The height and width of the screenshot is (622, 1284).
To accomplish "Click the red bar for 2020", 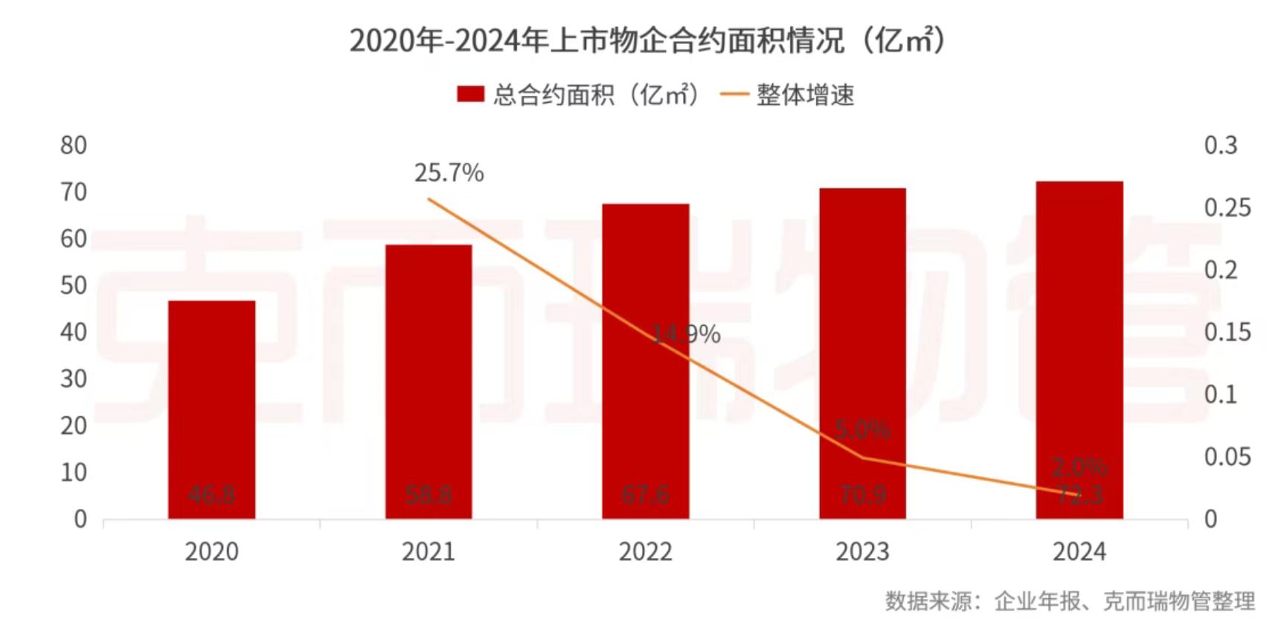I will pos(212,409).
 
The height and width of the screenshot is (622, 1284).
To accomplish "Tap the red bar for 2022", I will pos(646,361).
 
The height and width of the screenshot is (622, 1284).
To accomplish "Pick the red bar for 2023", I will pos(863,353).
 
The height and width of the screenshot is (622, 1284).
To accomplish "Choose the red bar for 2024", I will pos(1079,350).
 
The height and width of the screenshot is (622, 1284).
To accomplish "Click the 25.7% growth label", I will pos(449,173).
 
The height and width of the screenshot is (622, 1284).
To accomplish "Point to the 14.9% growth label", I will pos(686,335).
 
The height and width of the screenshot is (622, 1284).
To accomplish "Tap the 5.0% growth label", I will pos(862,429).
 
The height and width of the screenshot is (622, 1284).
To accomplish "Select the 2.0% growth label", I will pos(1079,467).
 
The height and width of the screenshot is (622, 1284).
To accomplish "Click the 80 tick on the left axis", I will pos(74,146).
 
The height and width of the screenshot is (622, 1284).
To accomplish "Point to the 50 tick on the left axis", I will pos(74,286).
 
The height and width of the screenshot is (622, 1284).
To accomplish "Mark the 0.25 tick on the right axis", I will pos(1227,208).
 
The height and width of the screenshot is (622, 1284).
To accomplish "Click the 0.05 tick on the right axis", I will pos(1227,457).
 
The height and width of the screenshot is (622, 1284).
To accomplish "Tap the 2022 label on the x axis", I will pos(646,552).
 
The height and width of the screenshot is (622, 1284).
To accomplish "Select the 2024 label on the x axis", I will pos(1079,552).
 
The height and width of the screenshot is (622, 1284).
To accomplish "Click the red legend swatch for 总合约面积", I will pos(470,94).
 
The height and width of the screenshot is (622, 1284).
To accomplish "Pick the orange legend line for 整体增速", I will pos(735,94).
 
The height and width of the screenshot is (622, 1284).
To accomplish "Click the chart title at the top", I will pos(647,40).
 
